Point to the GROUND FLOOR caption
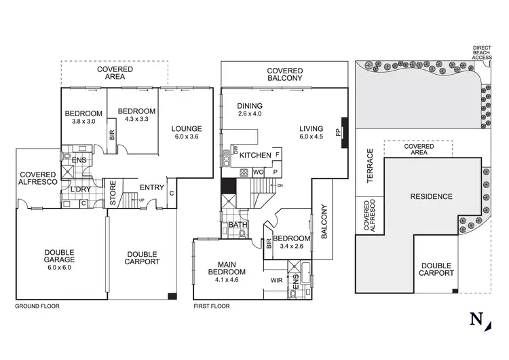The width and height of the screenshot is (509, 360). [37, 306]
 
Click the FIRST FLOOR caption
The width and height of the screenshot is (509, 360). [211, 306]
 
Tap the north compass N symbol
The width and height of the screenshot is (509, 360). [477, 319]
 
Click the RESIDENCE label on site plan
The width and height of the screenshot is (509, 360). [431, 197]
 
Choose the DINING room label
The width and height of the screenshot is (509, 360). [250, 106]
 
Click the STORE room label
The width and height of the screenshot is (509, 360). [113, 192]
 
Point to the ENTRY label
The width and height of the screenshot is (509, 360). [151, 187]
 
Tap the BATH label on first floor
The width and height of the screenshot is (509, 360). [237, 224]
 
